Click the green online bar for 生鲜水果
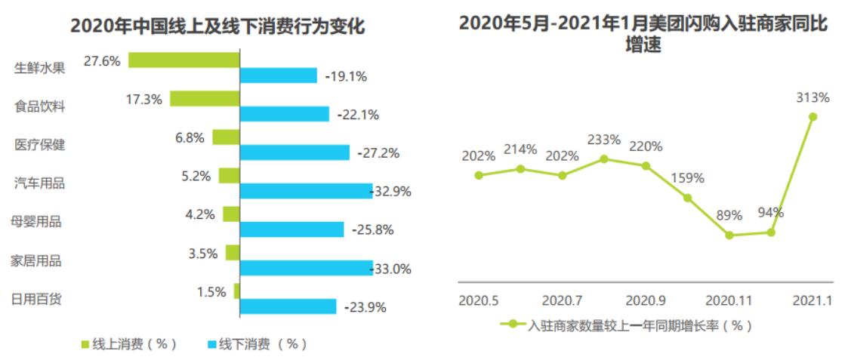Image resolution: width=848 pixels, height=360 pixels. point(183,60)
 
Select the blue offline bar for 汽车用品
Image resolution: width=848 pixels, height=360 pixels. point(306,191)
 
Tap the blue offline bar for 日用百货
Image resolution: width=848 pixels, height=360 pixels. point(288,306)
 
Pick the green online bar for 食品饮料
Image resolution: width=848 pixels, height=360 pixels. point(204,99)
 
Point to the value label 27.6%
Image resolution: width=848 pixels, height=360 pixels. point(102,61)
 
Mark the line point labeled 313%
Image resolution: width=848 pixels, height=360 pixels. point(813,116)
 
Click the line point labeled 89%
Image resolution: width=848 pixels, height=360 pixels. point(729,235)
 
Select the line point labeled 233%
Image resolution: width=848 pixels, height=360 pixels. point(603,158)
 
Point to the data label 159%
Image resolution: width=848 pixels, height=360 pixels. point(687,179)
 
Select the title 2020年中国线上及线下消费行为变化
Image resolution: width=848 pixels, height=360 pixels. point(217,27)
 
